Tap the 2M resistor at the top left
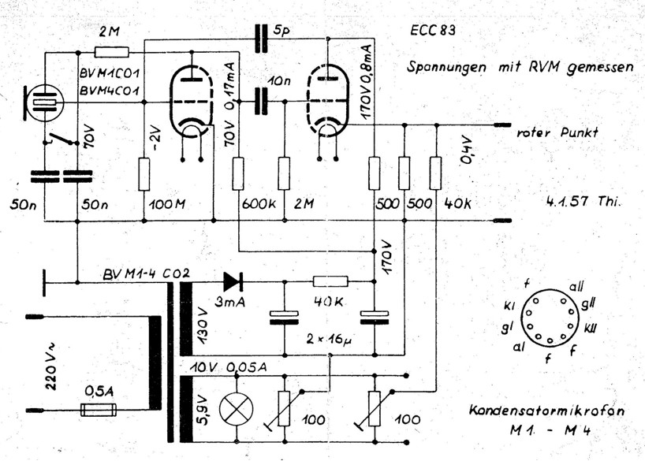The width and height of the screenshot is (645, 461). click(111, 52)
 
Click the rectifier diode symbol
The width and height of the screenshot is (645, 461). click(233, 280)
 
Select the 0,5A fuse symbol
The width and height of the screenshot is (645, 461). click(99, 410)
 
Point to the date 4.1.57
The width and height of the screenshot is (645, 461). click(569, 201)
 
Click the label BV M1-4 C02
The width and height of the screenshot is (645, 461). click(147, 274)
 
